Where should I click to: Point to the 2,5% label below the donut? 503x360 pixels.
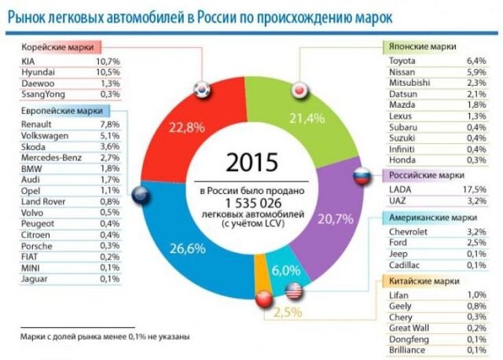pos(288,313)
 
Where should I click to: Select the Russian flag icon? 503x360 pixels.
pos(361,178)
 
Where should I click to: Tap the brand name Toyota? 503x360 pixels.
pos(403,60)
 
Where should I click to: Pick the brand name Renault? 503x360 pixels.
pos(39,123)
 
